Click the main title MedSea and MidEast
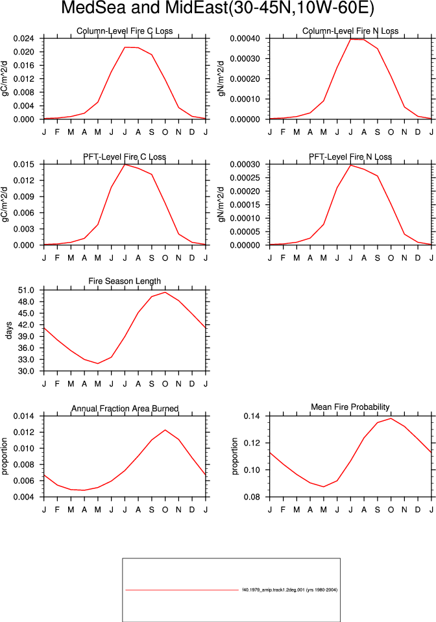pyautogui.click(x=145, y=8)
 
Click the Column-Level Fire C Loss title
pyautogui.click(x=125, y=31)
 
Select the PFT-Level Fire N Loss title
pyautogui.click(x=350, y=157)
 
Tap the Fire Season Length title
pyautogui.click(x=125, y=281)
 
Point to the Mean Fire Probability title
pyautogui.click(x=350, y=407)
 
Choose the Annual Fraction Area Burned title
pyautogui.click(x=125, y=409)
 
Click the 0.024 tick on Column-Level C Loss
pyautogui.click(x=24, y=38)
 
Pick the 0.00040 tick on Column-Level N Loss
pyautogui.click(x=245, y=38)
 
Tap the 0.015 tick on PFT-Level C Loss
pyautogui.click(x=24, y=164)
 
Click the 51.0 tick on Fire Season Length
pyautogui.click(x=26, y=290)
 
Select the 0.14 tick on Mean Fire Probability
pyautogui.click(x=252, y=416)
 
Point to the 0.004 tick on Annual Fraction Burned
pyautogui.click(x=24, y=497)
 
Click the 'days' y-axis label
pyautogui.click(x=8, y=330)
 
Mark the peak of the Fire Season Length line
pyautogui.click(x=165, y=293)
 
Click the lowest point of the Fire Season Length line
pyautogui.click(x=98, y=363)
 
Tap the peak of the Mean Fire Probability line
pyautogui.click(x=391, y=418)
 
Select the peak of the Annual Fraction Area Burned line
pyautogui.click(x=165, y=430)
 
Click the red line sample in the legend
pyautogui.click(x=182, y=590)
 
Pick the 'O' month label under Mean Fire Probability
pyautogui.click(x=391, y=510)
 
